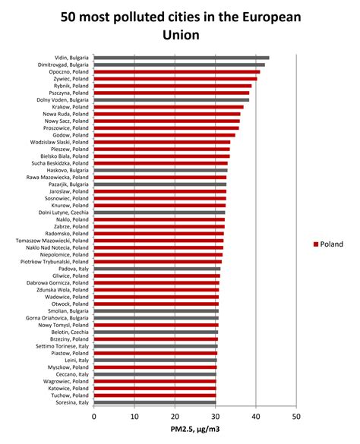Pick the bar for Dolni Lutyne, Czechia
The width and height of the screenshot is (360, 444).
click(159, 212)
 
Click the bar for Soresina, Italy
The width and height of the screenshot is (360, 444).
click(155, 401)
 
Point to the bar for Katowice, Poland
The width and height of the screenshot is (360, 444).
click(155, 388)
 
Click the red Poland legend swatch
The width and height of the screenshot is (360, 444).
click(314, 244)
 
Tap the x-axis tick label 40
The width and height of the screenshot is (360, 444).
click(256, 416)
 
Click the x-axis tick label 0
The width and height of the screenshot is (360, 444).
click(94, 416)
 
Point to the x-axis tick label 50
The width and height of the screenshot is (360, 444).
click(296, 416)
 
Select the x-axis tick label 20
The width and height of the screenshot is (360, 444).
click(175, 416)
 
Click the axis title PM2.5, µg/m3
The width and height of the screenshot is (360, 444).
click(194, 430)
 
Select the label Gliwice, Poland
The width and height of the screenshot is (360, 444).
click(70, 276)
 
